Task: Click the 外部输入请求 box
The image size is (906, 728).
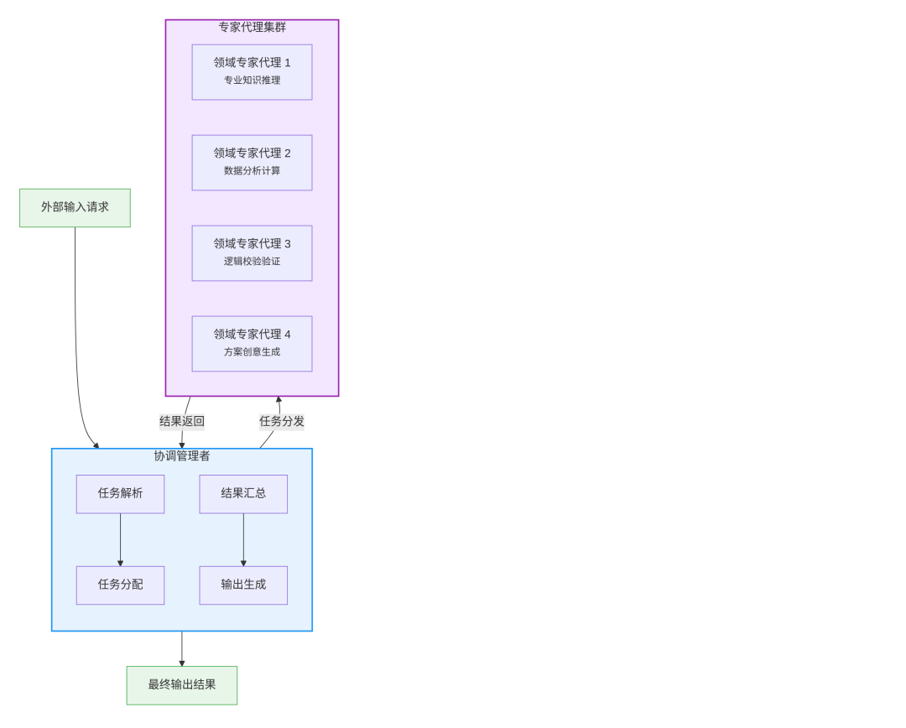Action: (75, 208)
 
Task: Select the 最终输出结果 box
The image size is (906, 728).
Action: (182, 685)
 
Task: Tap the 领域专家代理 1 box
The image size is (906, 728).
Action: (252, 72)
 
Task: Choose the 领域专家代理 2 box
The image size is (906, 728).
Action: (252, 163)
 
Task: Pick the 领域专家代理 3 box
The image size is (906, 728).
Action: (252, 253)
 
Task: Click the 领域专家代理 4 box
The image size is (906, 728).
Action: (252, 344)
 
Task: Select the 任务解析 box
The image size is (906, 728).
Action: (120, 494)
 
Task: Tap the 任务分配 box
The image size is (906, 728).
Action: (120, 585)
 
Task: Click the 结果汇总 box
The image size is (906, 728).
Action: (243, 494)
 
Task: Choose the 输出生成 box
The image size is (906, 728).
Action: (243, 585)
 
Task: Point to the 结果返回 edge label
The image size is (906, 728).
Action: (182, 421)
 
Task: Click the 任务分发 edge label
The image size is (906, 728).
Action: (282, 421)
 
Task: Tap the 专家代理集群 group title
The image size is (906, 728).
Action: (252, 27)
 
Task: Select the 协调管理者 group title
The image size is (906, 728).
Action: (182, 456)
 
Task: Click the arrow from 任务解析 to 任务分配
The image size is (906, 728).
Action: (120, 539)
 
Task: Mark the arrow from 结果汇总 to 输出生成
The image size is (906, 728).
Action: (243, 539)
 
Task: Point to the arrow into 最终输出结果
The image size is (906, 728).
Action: (182, 649)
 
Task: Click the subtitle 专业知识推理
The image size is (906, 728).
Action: (252, 81)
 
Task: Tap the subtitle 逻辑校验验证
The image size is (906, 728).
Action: (252, 261)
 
